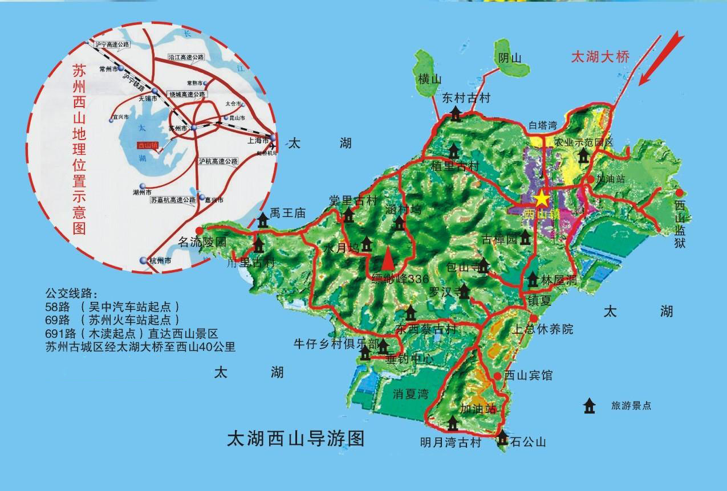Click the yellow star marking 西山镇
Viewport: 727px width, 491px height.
click(541, 199)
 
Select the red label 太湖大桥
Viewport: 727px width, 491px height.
click(600, 57)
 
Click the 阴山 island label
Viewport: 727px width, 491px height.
click(510, 58)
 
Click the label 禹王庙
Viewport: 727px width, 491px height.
click(288, 213)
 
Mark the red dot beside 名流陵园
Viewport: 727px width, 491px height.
click(199, 230)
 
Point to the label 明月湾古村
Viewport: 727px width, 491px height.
click(450, 443)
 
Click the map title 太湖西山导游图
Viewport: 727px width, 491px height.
click(295, 439)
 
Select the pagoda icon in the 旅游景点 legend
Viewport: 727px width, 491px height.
click(588, 406)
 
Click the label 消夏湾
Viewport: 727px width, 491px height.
click(411, 394)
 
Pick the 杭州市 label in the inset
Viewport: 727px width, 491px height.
click(160, 260)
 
